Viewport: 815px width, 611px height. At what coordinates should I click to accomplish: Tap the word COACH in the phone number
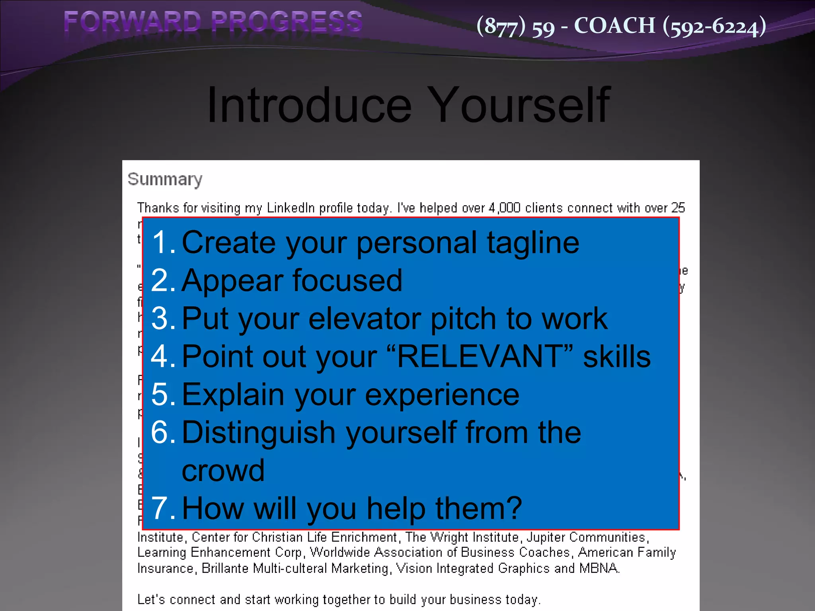click(x=614, y=26)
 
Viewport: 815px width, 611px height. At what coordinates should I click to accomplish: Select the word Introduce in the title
click(x=309, y=105)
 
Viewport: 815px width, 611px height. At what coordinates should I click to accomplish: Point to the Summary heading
click(x=165, y=179)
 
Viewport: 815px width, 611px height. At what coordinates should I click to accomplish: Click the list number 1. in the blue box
click(x=163, y=243)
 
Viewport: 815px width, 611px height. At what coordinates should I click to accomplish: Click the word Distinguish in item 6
click(x=259, y=433)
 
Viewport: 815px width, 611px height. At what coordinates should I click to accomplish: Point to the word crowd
click(x=223, y=471)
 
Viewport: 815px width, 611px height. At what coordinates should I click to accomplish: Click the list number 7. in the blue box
click(x=163, y=508)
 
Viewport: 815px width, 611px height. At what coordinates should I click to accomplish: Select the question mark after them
click(x=514, y=508)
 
